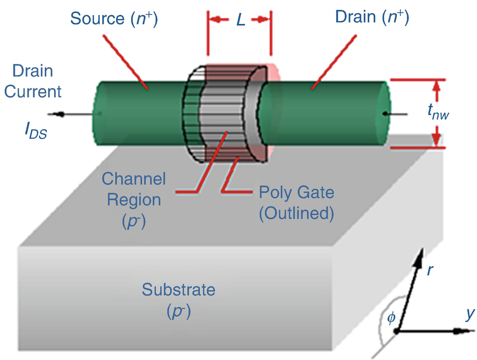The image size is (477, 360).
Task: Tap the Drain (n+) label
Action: click(x=371, y=18)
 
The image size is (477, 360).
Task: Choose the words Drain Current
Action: click(x=33, y=81)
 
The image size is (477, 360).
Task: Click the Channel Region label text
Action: click(x=134, y=189)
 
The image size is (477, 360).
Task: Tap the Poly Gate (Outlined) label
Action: click(x=296, y=202)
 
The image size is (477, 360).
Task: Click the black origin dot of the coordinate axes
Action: click(x=397, y=331)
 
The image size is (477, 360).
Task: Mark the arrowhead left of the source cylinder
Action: click(x=60, y=114)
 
